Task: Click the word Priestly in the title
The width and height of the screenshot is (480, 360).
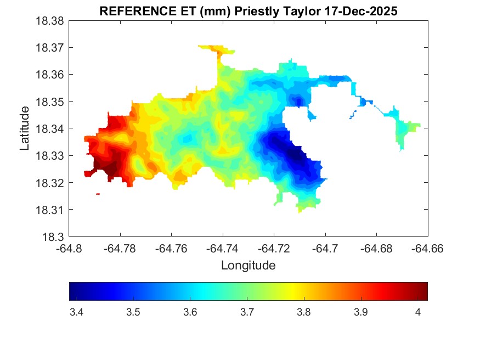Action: (257, 11)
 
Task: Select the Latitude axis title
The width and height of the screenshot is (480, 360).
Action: (25, 128)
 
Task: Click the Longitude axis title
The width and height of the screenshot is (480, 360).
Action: (248, 266)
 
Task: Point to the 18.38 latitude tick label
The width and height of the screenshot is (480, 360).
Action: (50, 21)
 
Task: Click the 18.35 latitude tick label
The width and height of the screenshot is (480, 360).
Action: (50, 102)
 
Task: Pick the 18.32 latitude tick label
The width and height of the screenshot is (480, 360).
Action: (50, 183)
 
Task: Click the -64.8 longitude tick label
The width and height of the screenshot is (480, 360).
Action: (70, 249)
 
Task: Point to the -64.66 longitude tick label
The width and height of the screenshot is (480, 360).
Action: (427, 249)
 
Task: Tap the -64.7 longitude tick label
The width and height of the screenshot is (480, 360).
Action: (326, 249)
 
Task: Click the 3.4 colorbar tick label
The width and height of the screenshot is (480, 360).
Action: (77, 312)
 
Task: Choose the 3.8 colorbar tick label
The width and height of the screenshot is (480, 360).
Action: (304, 312)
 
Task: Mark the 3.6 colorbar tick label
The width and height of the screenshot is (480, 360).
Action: (190, 312)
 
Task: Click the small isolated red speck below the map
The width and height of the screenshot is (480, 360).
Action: (98, 194)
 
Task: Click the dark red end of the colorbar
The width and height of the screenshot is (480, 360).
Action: (423, 291)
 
